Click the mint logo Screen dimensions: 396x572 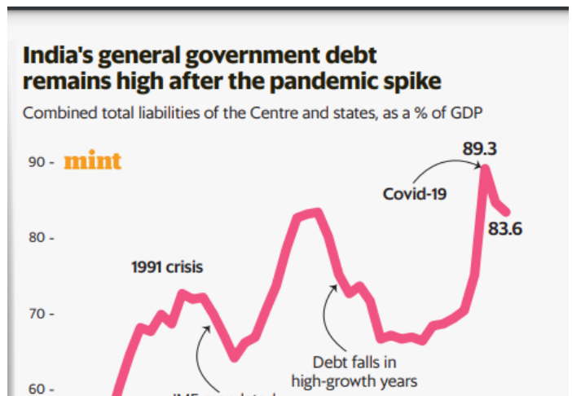[92, 161]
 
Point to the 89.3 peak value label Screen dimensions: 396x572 [480, 149]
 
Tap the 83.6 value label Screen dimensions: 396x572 [504, 229]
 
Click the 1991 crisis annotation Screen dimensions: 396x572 [167, 266]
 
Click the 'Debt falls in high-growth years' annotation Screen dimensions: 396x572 [354, 371]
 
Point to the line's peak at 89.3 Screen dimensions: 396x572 [486, 167]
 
